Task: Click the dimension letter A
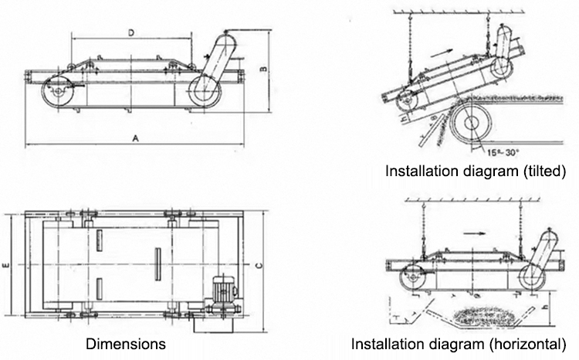tap(135, 139)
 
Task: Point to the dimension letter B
tap(262, 70)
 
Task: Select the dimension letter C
tap(258, 265)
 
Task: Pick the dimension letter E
tap(6, 265)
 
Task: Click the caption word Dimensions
tap(126, 343)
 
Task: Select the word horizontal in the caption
tap(532, 343)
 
